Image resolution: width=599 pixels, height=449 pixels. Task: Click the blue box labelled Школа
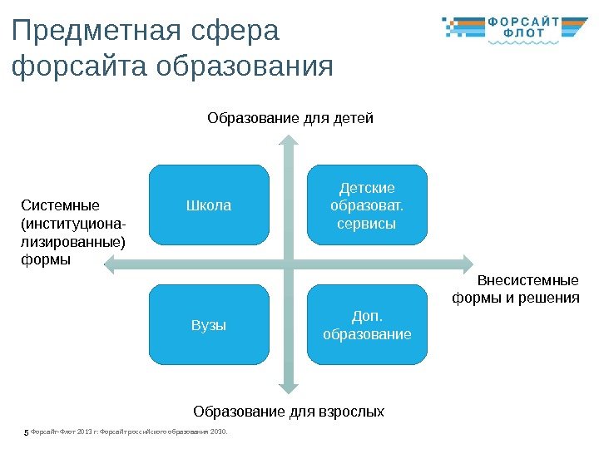tap(209, 205)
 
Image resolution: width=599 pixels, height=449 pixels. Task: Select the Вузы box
tap(209, 325)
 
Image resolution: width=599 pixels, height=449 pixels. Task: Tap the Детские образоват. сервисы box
tap(367, 205)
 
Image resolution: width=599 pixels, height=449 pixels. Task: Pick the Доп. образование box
tap(367, 325)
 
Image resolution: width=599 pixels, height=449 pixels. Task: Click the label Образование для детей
tap(290, 118)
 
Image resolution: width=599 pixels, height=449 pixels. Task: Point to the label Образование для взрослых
tap(289, 411)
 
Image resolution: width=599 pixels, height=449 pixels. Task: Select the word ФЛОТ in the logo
tap(526, 35)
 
